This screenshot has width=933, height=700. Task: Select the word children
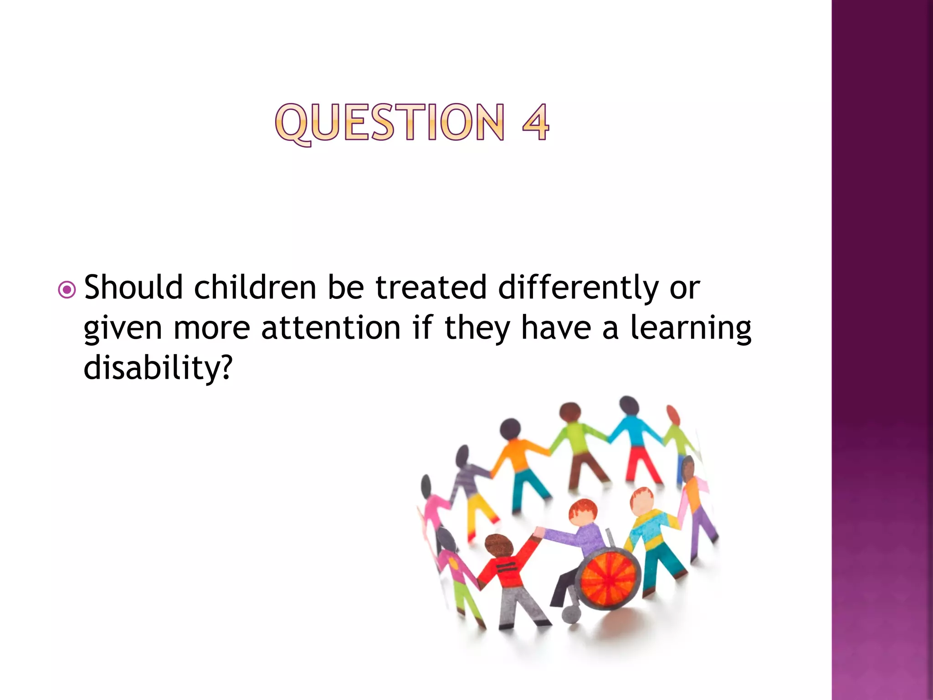(255, 288)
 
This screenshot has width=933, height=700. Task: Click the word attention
(331, 328)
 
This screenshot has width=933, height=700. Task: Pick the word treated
(431, 288)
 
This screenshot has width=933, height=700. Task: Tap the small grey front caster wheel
(571, 615)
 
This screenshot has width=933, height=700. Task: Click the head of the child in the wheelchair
(583, 512)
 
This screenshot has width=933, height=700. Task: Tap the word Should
(133, 288)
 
